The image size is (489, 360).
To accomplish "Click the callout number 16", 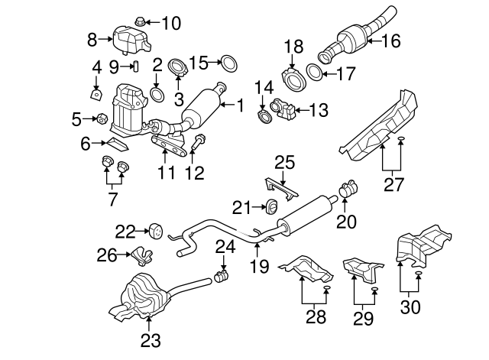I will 390,41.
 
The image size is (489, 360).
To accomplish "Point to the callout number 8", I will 93,38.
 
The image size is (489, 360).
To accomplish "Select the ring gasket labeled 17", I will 313,73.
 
